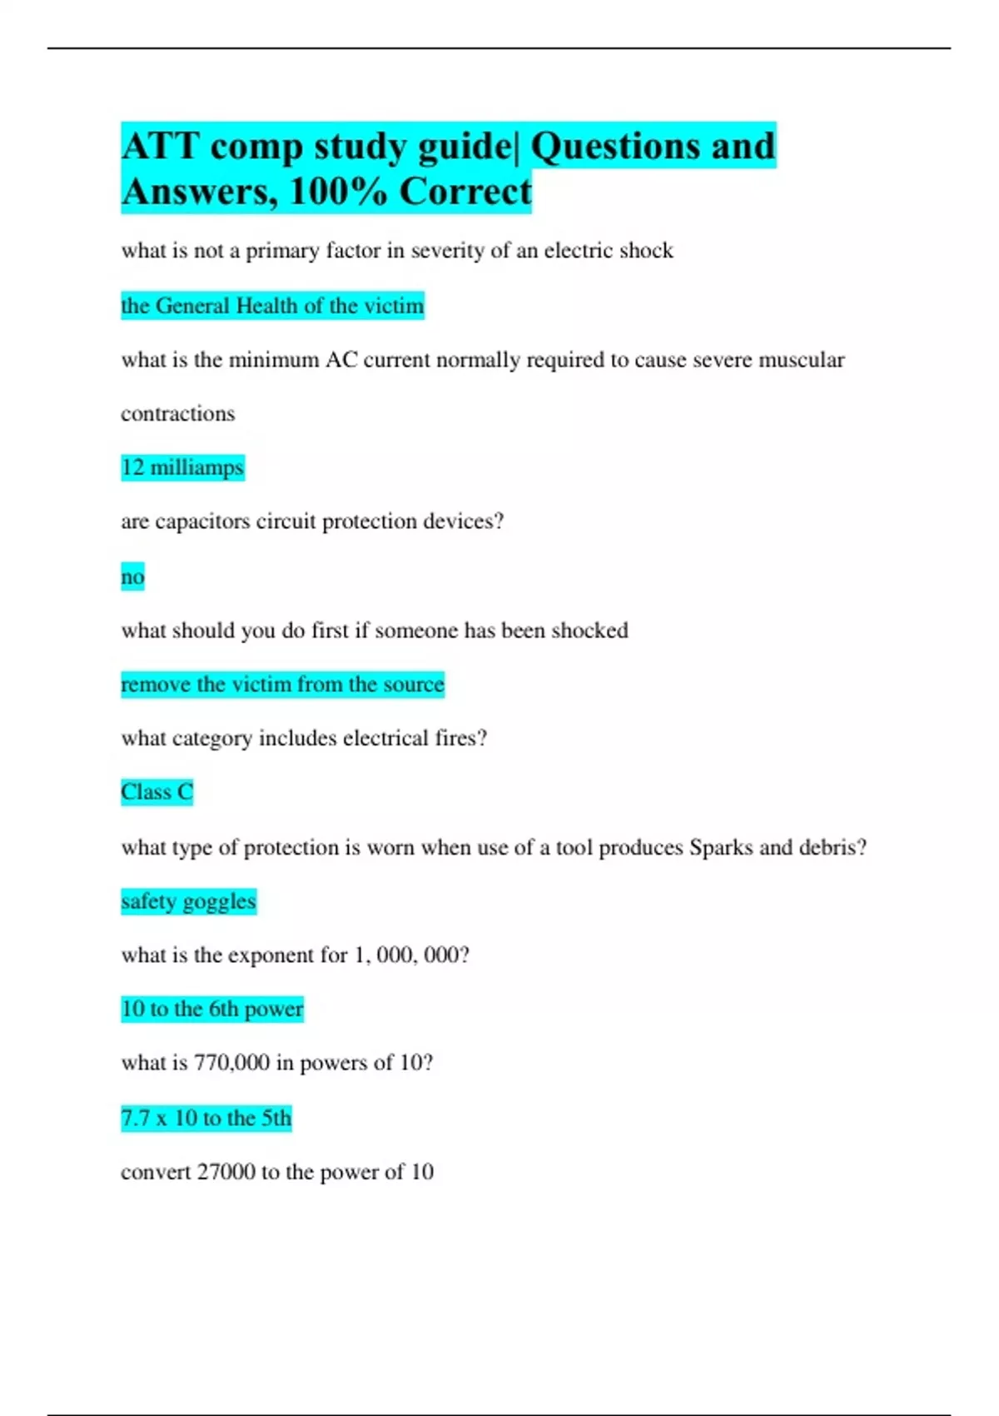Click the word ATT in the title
(160, 147)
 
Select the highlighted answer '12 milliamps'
(182, 467)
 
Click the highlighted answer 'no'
(132, 576)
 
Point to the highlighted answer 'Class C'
(157, 791)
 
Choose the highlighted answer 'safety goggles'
(188, 901)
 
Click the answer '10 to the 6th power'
(212, 1009)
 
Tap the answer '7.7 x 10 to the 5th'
(206, 1118)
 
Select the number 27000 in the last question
(226, 1172)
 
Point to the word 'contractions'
(178, 414)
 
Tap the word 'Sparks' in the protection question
(721, 847)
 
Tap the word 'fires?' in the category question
(460, 738)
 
